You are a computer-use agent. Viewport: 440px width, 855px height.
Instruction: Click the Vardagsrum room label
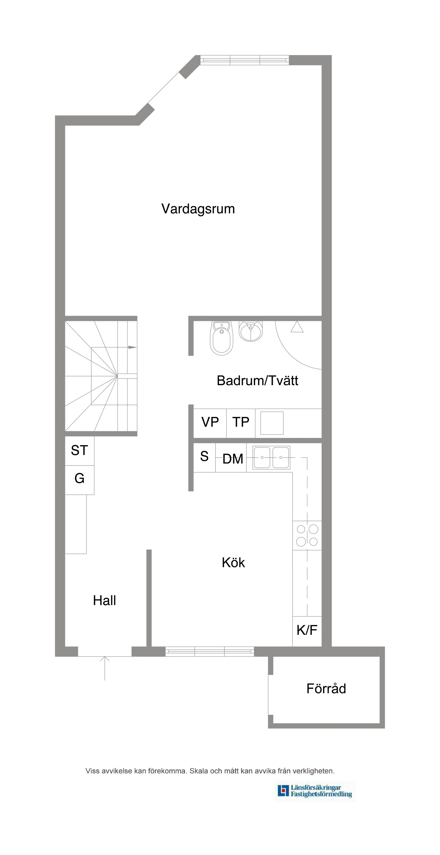coord(198,209)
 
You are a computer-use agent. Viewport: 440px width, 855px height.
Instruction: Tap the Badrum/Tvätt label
coord(257,381)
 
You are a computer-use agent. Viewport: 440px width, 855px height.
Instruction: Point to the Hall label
coord(105,600)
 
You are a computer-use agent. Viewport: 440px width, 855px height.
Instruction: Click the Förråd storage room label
coord(326,689)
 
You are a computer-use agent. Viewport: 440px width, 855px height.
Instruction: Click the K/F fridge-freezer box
coord(307,630)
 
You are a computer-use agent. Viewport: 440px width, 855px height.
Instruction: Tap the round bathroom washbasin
coord(251,331)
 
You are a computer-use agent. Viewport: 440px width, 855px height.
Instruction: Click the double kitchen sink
coord(271,457)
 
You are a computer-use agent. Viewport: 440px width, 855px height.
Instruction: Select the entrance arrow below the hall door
coord(105,667)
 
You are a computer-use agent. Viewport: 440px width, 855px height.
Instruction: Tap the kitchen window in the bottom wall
coord(210,652)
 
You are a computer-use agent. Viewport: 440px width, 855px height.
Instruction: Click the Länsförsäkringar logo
coord(315,791)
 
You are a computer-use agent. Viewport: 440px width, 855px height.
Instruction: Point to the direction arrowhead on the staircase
coord(132,347)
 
